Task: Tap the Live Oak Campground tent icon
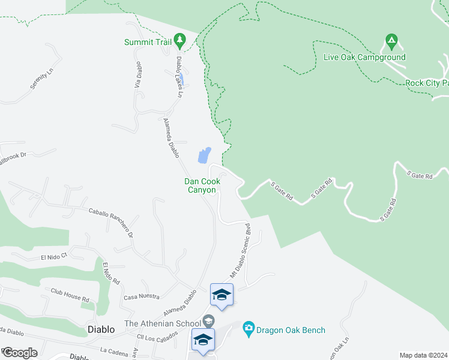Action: coord(391,42)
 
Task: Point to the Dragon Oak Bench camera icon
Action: coord(248,329)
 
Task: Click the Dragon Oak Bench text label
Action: coord(291,330)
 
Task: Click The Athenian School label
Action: coord(162,324)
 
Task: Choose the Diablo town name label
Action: coord(100,329)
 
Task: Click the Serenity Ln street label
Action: coord(42,79)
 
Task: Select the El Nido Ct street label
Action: coord(55,257)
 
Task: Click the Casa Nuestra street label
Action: coord(141,296)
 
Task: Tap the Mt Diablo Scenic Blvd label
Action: coord(240,250)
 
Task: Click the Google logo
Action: coord(20,353)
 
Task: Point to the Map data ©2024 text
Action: coord(423,355)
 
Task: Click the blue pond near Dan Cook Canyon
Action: coord(204,155)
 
